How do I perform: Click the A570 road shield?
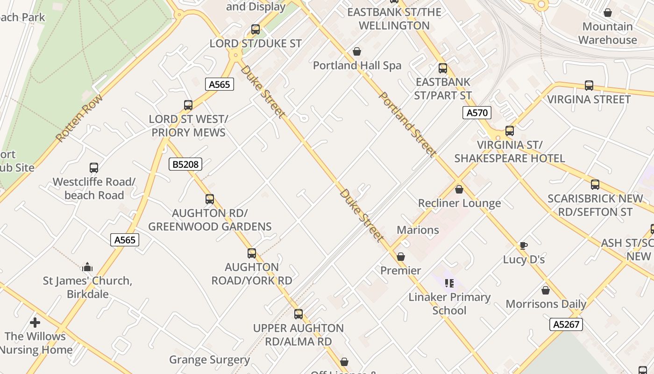(477, 112)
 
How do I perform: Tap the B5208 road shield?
(185, 164)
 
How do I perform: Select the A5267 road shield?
(566, 324)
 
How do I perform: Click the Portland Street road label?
(407, 124)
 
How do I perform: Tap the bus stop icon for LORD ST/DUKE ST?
(255, 29)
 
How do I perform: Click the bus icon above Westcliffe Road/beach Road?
(94, 168)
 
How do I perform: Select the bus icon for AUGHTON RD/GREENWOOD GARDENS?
(210, 199)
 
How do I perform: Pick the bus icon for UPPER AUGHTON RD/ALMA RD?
(298, 314)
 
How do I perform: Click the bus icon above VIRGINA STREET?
(589, 86)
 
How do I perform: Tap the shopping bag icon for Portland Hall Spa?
(357, 51)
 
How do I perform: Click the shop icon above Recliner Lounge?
(459, 189)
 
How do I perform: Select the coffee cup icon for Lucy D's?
(524, 245)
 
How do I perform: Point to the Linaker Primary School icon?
(449, 283)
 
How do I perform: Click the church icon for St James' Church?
(87, 267)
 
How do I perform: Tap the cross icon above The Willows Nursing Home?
(35, 323)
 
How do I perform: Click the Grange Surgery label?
(209, 360)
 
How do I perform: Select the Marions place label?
(418, 230)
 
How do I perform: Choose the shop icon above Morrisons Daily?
(545, 290)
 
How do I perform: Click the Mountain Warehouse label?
(607, 33)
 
